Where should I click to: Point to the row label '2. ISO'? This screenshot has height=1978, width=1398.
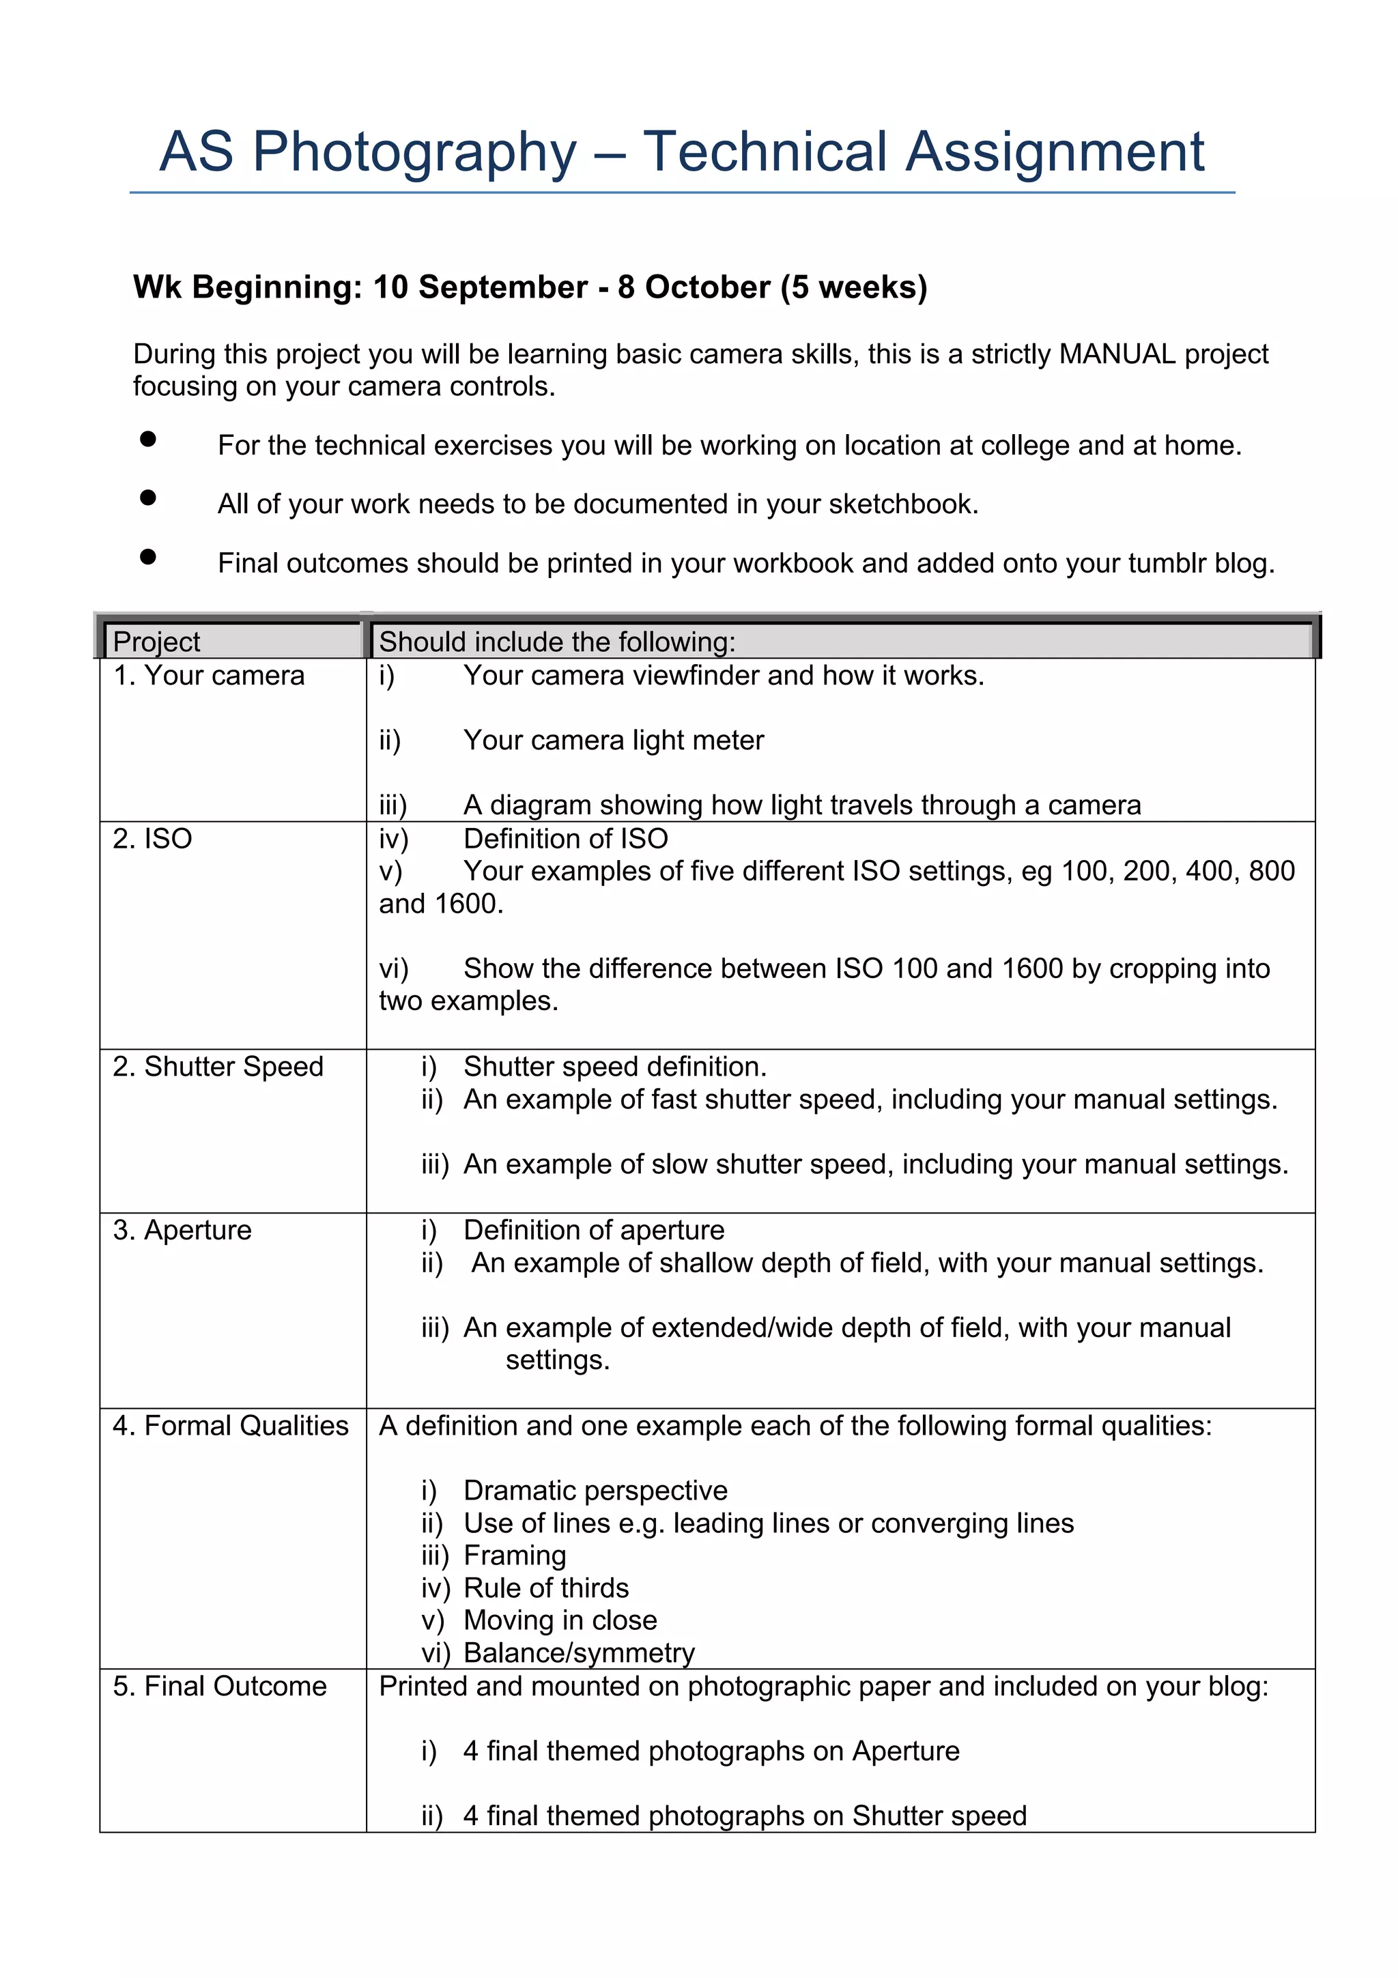(x=152, y=838)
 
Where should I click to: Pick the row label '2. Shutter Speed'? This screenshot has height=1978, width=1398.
(x=218, y=1067)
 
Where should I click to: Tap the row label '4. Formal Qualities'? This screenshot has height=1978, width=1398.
(x=230, y=1426)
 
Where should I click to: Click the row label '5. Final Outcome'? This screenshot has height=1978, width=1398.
(x=220, y=1686)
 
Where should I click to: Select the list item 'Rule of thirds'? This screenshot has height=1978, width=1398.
(x=546, y=1588)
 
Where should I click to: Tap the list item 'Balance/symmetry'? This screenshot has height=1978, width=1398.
(x=579, y=1652)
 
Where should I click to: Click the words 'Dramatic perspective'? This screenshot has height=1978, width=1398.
(x=595, y=1491)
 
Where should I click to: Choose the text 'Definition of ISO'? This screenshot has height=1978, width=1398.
(x=565, y=838)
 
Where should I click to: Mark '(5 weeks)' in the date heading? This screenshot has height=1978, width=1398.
(x=854, y=287)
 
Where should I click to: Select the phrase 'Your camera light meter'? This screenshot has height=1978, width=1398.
(x=613, y=740)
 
